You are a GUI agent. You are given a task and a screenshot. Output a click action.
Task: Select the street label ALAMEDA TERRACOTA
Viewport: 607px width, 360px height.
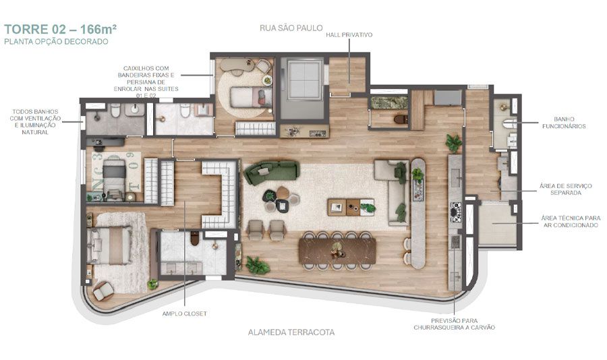(x=291, y=332)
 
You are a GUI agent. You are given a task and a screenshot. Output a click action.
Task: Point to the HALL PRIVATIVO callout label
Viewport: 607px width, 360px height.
(x=349, y=34)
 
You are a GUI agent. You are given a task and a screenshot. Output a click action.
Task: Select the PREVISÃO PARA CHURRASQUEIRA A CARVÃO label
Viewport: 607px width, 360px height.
(x=455, y=324)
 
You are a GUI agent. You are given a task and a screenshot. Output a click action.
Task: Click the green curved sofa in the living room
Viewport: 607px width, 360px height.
(x=270, y=173)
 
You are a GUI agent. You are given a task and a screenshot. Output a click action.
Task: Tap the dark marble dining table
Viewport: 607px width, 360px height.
(x=337, y=251)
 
